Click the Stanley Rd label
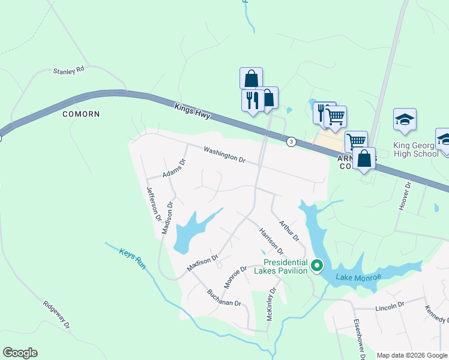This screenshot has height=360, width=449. pos(69,71)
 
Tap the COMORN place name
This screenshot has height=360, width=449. pos(80,113)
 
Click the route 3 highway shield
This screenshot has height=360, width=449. pos(291,142)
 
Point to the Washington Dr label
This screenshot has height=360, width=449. pos(224,155)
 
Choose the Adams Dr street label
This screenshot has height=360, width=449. pos(175,169)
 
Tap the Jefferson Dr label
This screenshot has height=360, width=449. pos(154,203)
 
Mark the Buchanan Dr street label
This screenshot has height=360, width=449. pos(223,298)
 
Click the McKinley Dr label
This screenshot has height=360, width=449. pos(270,304)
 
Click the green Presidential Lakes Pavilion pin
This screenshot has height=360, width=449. pos(318,265)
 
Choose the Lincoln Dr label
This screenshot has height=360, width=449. pos(390,307)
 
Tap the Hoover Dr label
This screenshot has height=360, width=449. pos(405,196)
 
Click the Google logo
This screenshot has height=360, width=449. pos(20,353)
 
